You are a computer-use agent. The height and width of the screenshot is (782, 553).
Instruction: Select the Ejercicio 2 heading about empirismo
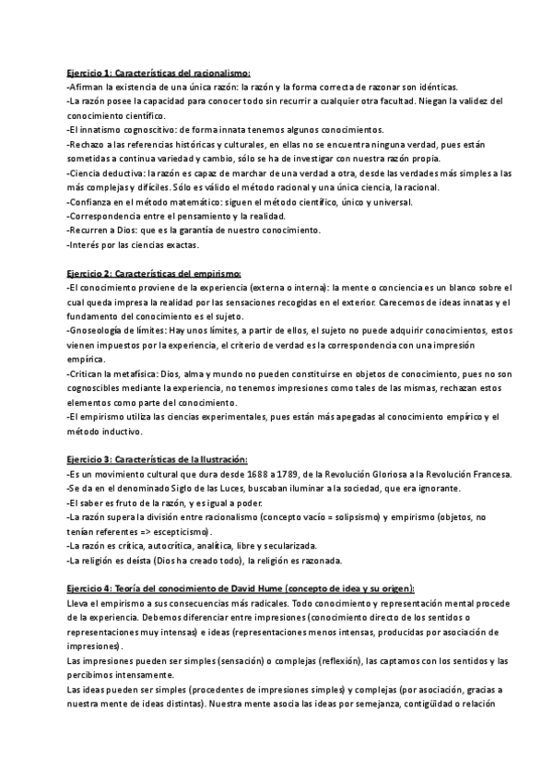click(x=154, y=273)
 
